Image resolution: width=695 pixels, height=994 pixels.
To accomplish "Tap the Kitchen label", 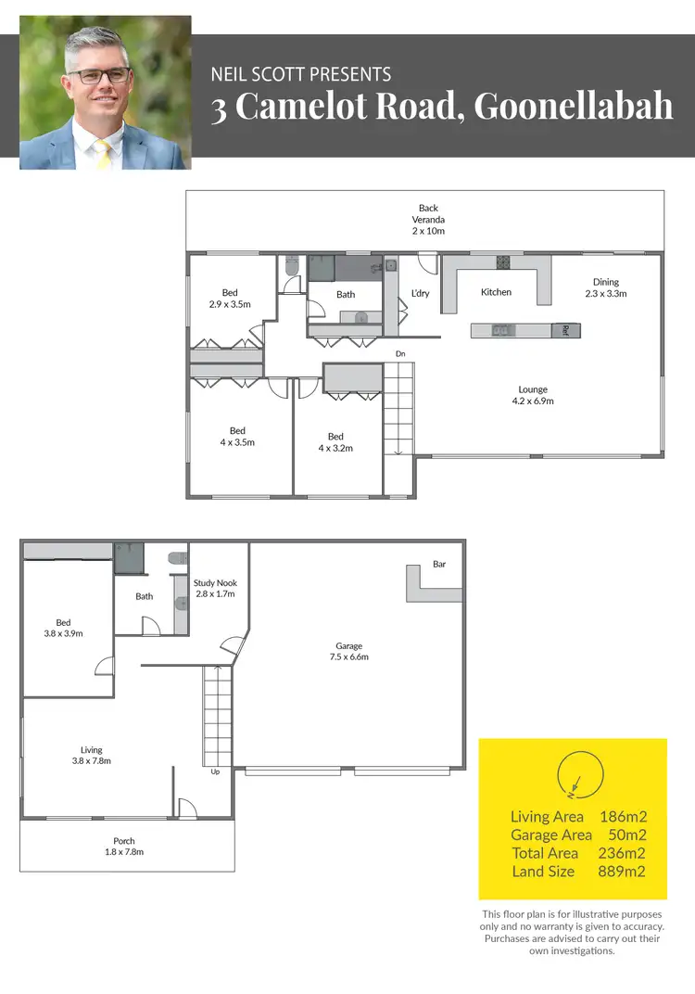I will (x=496, y=292).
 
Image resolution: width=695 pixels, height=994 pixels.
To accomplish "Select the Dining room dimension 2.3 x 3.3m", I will (x=606, y=293).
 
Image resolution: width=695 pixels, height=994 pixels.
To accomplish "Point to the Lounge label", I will (x=533, y=389).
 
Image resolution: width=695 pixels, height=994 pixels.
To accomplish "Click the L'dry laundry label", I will (x=420, y=294).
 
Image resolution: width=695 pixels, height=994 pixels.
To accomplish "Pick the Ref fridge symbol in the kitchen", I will (x=562, y=330).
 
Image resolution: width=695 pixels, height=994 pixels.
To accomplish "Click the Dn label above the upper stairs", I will (x=400, y=354).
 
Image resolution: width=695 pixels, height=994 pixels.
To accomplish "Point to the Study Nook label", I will (x=215, y=583).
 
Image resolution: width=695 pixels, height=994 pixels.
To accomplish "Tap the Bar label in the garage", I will (x=439, y=564).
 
